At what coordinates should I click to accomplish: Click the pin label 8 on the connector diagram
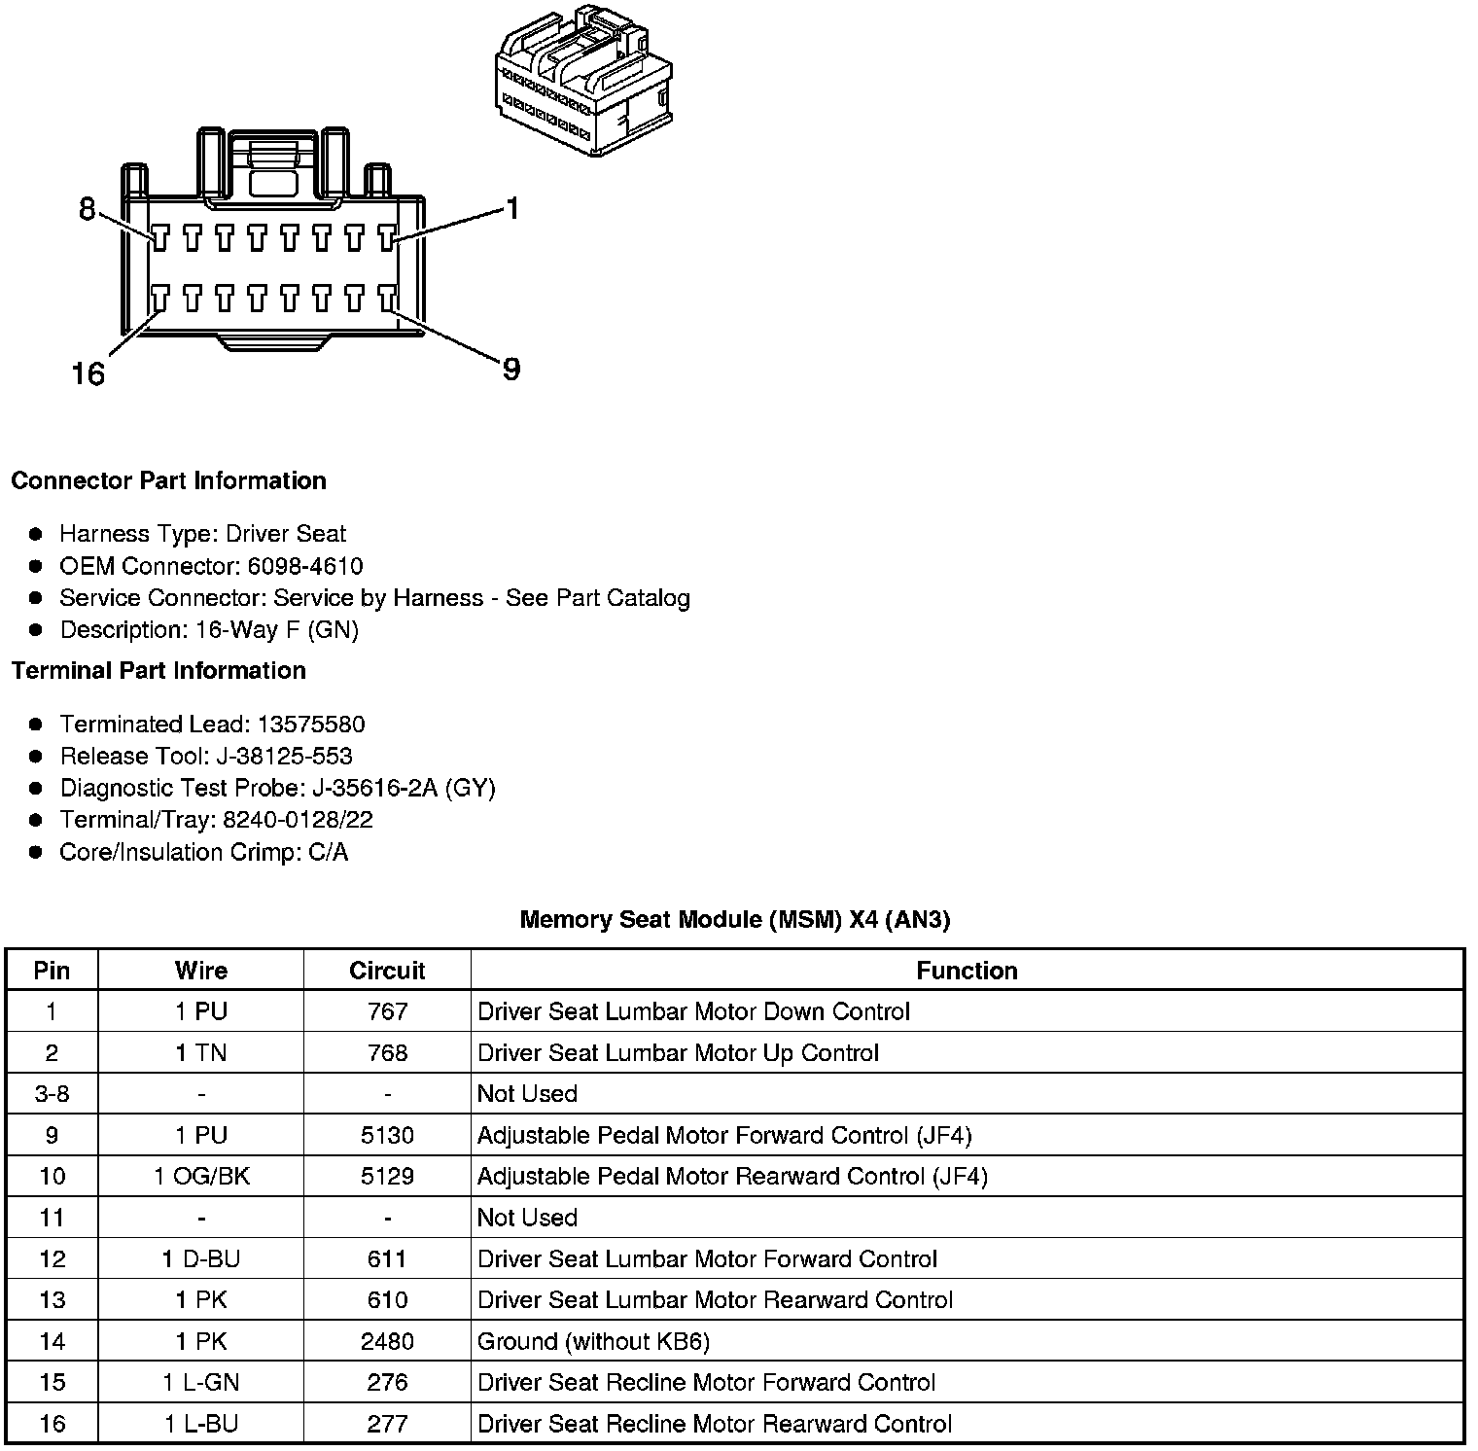coord(88,209)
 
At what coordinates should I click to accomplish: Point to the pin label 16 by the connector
coord(88,373)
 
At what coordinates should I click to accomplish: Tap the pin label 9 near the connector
coord(511,369)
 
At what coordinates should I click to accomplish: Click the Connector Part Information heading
coord(168,480)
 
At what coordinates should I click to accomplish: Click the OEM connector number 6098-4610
coord(305,566)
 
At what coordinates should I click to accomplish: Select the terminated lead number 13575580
coord(310,724)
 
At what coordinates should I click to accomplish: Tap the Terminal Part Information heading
coord(158,670)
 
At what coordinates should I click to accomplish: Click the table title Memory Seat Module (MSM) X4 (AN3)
coord(735,919)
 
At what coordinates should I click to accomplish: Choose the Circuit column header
coord(387,971)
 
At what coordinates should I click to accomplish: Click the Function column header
coord(967,971)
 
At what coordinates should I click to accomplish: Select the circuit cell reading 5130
coord(387,1135)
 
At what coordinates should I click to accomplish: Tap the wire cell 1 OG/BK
coord(201,1176)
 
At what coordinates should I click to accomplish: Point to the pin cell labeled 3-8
coord(52,1093)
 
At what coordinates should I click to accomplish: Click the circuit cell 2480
coord(387,1341)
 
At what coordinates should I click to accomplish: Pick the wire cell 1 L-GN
coord(201,1382)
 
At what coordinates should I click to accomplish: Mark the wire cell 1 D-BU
coord(201,1258)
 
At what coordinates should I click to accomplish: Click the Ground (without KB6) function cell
coord(593,1341)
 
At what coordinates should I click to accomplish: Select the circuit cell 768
coord(387,1052)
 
